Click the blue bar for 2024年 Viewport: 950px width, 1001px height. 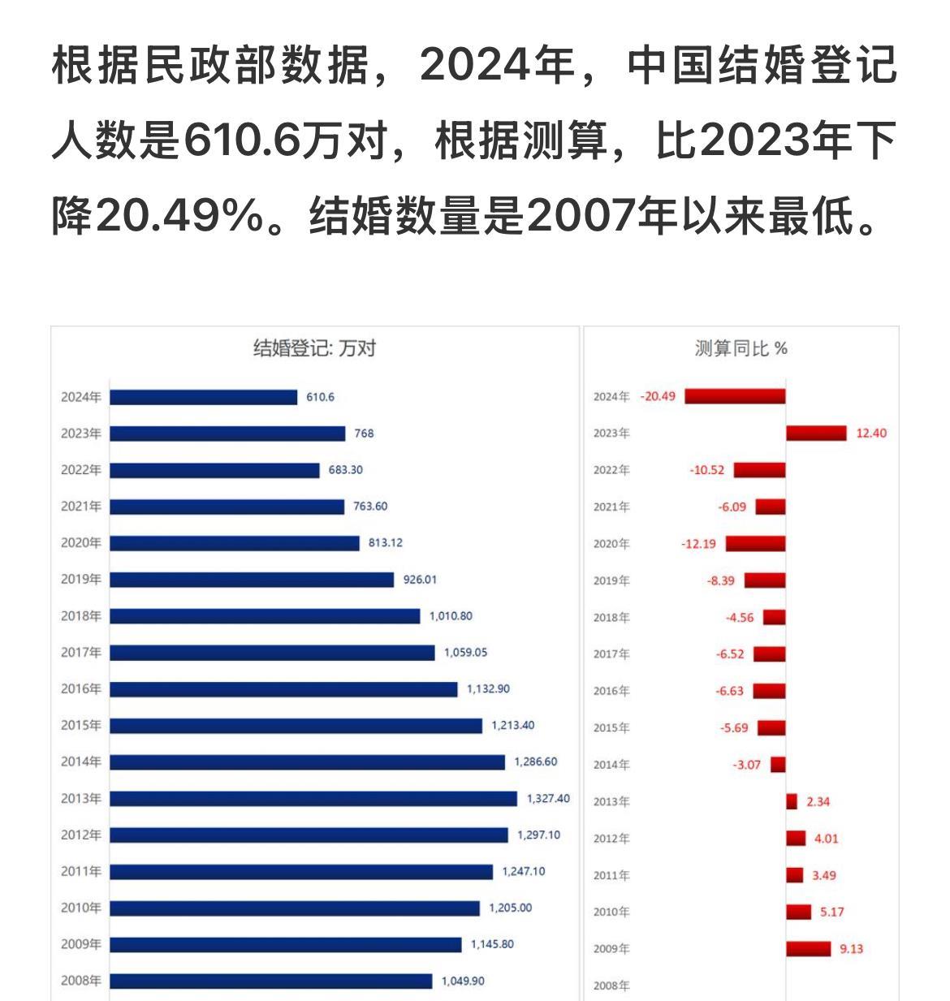coord(204,397)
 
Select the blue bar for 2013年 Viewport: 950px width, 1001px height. coord(313,799)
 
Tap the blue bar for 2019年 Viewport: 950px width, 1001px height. coord(252,580)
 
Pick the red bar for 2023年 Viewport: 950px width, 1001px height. coord(816,434)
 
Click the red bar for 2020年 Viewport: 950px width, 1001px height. coord(756,543)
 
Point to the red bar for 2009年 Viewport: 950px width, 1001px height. coord(809,948)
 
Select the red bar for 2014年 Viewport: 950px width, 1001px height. coord(778,765)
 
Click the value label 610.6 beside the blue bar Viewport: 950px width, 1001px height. coord(321,397)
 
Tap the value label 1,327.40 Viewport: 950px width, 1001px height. coord(548,799)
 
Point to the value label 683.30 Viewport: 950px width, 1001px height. coord(346,470)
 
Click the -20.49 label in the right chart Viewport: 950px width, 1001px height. coord(658,397)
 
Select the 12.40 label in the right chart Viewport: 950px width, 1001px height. coord(871,434)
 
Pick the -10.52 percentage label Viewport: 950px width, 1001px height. coord(706,470)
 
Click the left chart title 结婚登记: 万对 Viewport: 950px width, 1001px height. coord(315,348)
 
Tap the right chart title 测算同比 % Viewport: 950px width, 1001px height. coord(741,348)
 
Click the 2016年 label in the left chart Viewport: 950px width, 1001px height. coord(81,689)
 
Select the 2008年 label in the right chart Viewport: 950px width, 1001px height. coord(611,986)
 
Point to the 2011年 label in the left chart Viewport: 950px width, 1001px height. coord(81,872)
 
